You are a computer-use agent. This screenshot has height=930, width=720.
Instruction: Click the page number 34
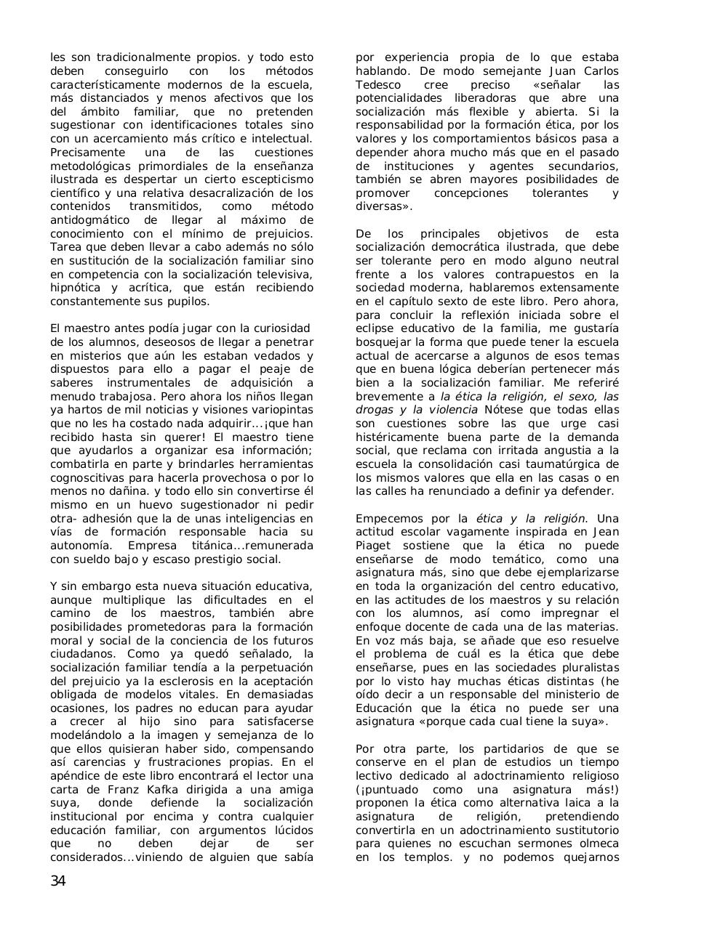point(58,881)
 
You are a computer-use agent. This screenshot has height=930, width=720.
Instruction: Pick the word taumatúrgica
point(567,464)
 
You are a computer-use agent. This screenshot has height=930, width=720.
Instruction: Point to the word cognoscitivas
point(96,477)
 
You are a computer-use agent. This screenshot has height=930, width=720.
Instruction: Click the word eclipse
point(375,328)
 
